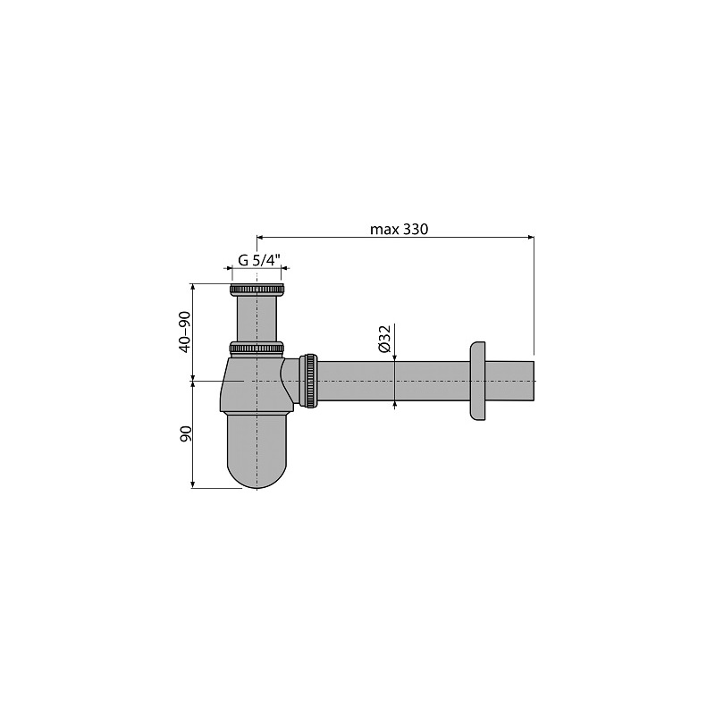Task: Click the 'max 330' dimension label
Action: [x=399, y=229]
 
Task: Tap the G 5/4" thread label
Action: [x=258, y=260]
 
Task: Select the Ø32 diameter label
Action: [x=384, y=339]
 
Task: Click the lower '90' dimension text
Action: [x=186, y=433]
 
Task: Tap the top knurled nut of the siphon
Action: [x=257, y=290]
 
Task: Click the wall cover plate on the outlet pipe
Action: [x=478, y=381]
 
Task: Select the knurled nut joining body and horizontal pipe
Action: [x=309, y=381]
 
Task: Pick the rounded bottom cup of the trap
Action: [x=257, y=450]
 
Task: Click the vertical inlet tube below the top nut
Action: [x=257, y=318]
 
